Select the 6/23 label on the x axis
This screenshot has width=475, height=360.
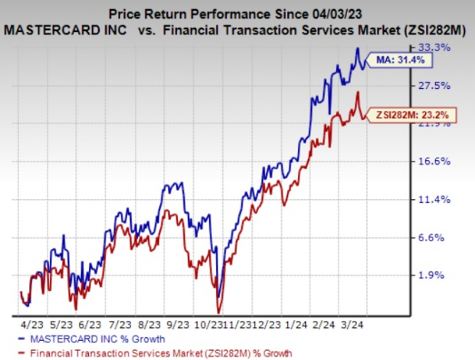point(90,324)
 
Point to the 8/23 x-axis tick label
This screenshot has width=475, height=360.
point(149,324)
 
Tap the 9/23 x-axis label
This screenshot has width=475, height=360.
point(179,324)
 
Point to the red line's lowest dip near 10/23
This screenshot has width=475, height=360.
point(219,312)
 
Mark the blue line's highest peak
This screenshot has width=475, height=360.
point(357,49)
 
